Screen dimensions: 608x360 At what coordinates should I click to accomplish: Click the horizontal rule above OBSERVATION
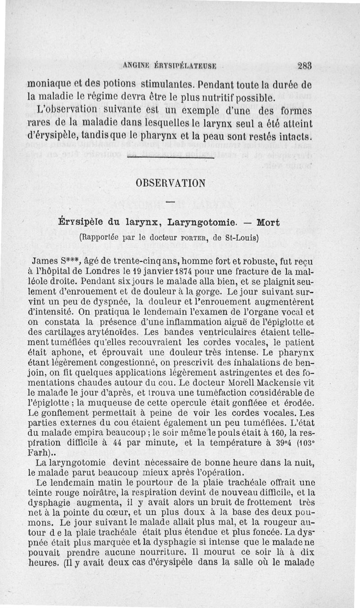pos(170,157)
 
